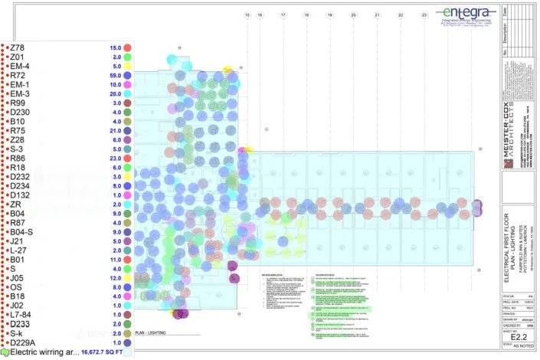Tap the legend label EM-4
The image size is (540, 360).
[x=21, y=66]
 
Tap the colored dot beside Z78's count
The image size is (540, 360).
[x=128, y=47]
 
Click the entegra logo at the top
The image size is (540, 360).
[x=465, y=15]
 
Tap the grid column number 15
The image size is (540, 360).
[x=247, y=15]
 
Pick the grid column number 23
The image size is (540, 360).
[x=424, y=15]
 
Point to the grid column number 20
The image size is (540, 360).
[x=354, y=15]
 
